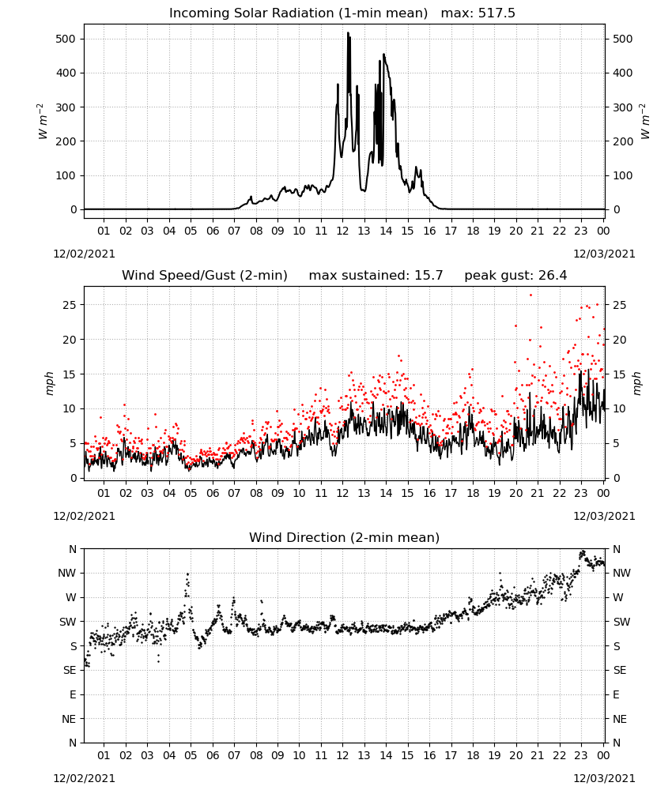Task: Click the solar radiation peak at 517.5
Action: click(348, 33)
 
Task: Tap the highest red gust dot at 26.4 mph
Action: click(530, 295)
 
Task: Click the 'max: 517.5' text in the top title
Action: click(478, 13)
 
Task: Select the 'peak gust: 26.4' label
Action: click(515, 276)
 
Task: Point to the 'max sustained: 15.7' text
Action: click(376, 276)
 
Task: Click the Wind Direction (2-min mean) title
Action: click(345, 537)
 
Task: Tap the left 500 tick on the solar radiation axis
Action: click(66, 39)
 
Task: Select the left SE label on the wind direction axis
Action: click(70, 671)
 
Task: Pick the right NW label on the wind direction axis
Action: click(621, 574)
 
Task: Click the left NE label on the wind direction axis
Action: click(69, 720)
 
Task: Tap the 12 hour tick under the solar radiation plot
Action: click(342, 231)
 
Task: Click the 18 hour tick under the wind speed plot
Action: click(473, 493)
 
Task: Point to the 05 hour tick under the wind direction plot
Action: click(191, 756)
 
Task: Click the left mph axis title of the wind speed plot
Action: click(49, 383)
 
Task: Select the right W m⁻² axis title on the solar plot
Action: click(646, 122)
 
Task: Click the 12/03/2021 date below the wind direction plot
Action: click(604, 778)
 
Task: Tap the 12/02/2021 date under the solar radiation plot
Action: click(84, 254)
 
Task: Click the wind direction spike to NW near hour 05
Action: click(187, 574)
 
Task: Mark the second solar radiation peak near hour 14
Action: click(384, 55)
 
